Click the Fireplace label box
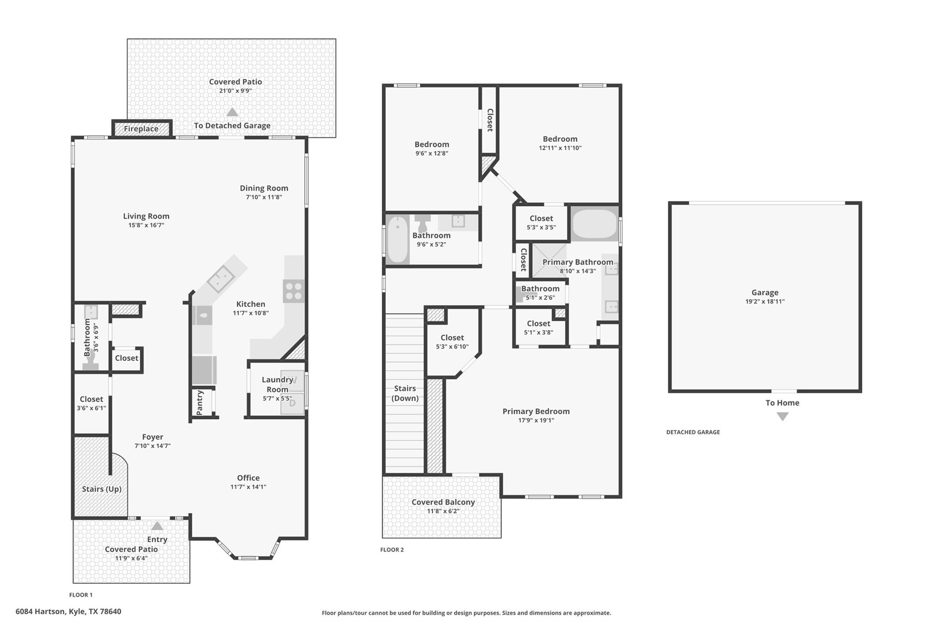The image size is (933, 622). (141, 129)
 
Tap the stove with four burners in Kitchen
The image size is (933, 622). (293, 291)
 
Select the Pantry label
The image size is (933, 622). (200, 402)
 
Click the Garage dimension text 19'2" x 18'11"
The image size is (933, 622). (764, 302)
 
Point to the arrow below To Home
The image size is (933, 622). (782, 416)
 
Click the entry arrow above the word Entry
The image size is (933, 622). (157, 526)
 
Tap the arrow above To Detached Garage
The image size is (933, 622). (232, 112)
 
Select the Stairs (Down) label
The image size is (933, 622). (405, 393)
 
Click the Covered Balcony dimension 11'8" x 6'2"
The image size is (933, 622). (443, 511)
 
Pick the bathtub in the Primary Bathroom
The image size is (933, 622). (594, 223)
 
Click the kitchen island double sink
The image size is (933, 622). (221, 279)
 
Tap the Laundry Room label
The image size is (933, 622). (277, 384)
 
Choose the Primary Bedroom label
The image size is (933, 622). (536, 411)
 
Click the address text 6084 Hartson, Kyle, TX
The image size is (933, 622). (68, 612)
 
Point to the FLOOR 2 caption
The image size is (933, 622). (392, 550)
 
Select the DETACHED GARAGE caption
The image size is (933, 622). (693, 432)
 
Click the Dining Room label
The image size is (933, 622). (264, 188)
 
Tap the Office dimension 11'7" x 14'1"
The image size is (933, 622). (248, 487)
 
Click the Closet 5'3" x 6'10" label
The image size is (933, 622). (452, 338)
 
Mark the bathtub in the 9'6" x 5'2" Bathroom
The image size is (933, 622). (398, 240)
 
